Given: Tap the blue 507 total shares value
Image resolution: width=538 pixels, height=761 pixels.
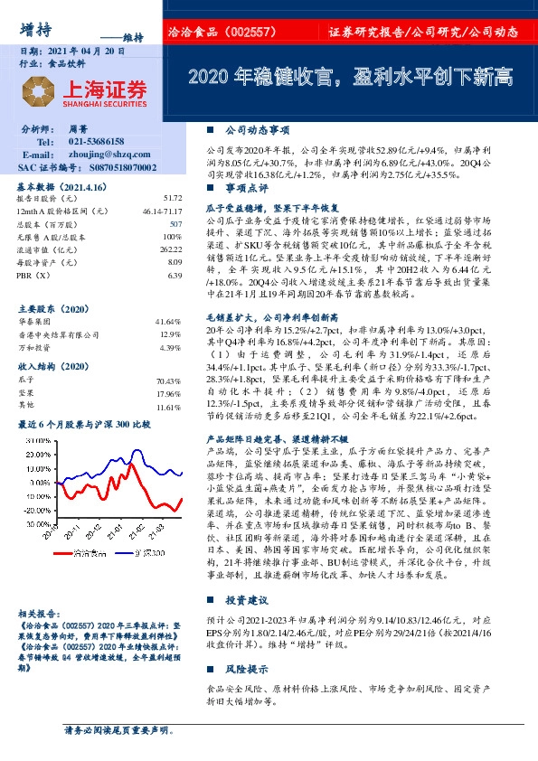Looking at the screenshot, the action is (x=175, y=222).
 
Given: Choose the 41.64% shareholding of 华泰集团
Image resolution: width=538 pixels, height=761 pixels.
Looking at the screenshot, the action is (x=169, y=322).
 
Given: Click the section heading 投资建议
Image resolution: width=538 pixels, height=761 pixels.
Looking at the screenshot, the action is (x=246, y=599).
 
